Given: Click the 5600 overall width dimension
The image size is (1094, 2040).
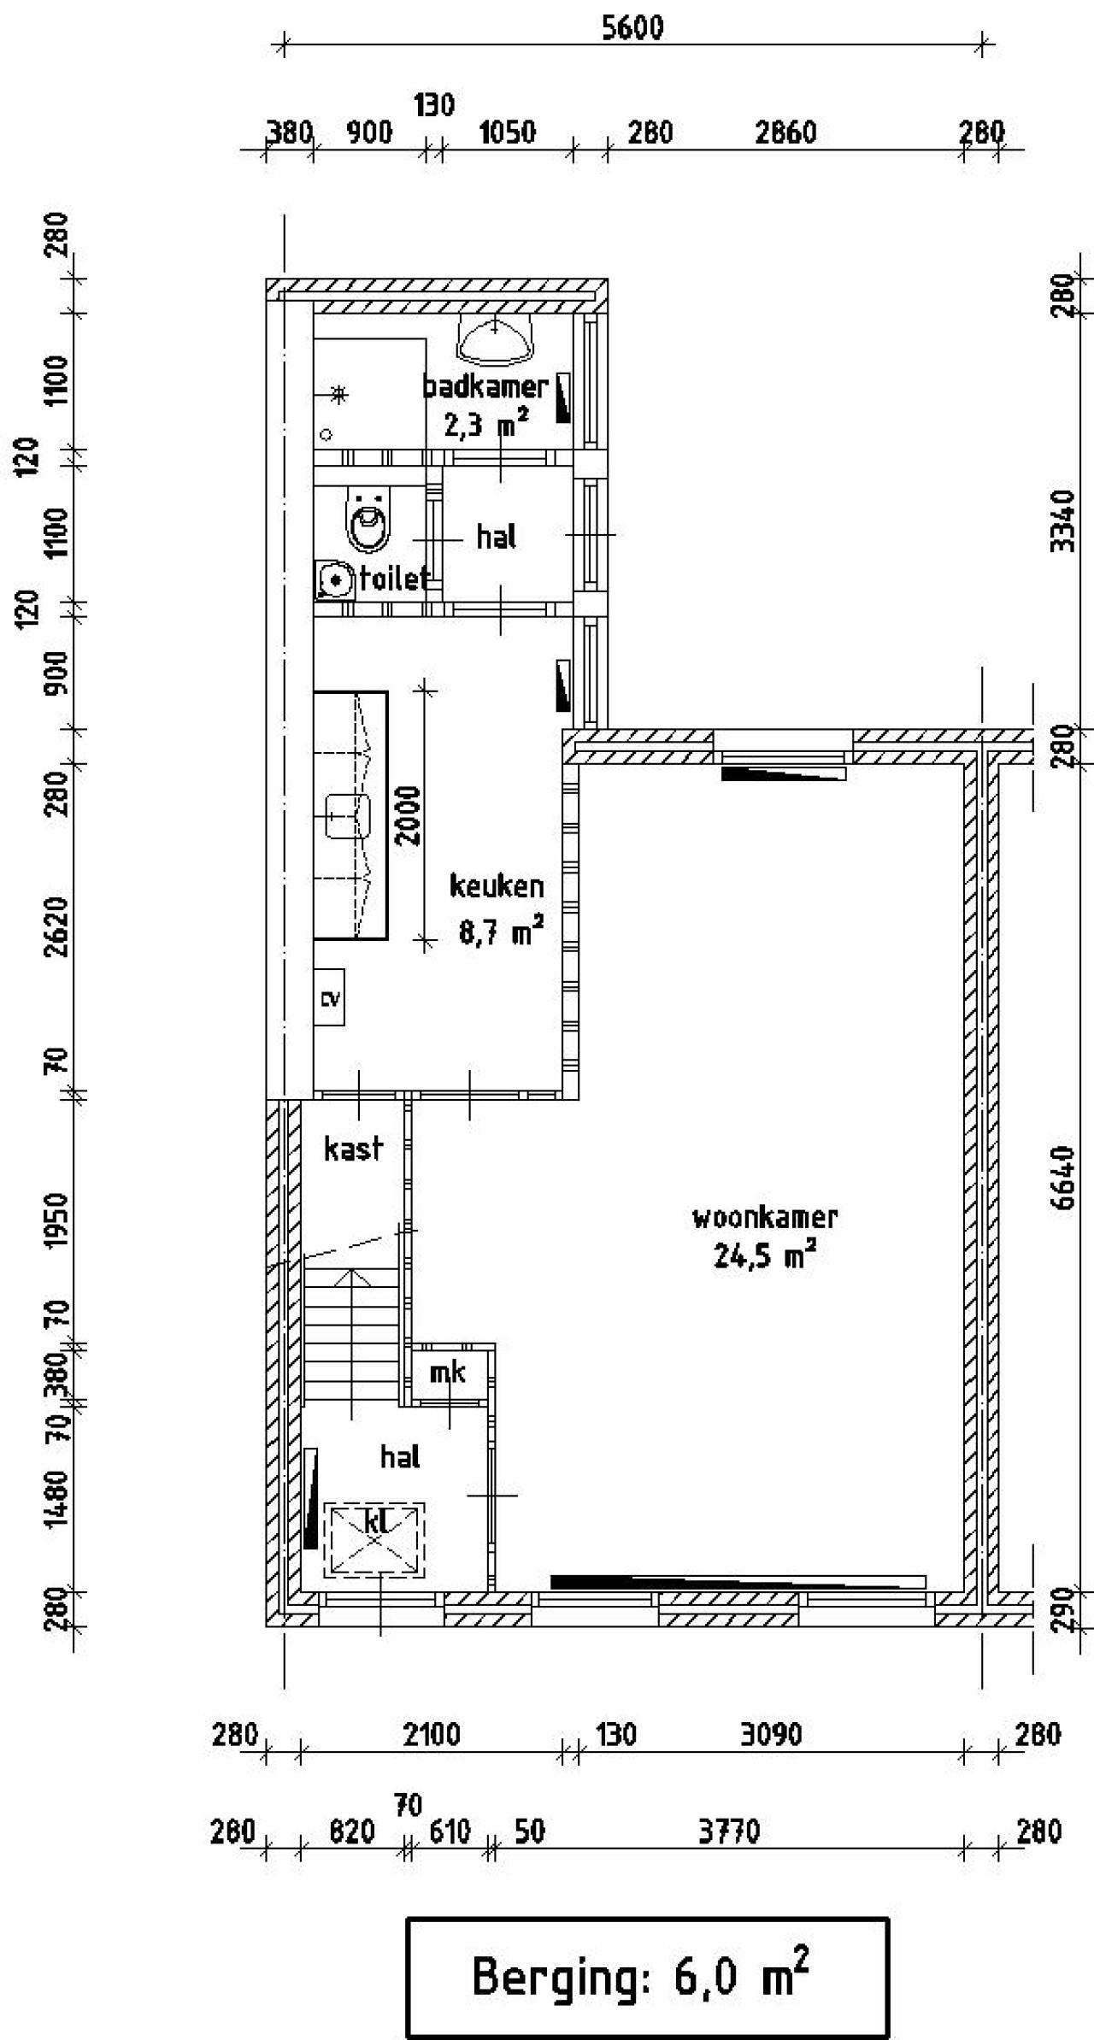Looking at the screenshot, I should (x=632, y=28).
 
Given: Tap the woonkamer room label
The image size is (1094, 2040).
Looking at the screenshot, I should (x=764, y=1217).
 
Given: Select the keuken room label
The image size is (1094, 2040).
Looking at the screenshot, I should (x=497, y=886).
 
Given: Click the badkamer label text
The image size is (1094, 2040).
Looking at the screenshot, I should (x=485, y=387).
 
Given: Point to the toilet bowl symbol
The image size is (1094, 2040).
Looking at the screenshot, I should (x=368, y=520).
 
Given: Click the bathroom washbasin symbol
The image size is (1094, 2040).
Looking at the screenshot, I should (x=496, y=339).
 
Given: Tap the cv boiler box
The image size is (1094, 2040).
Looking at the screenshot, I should (x=329, y=997).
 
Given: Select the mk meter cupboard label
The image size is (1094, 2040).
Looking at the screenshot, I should (x=448, y=1373).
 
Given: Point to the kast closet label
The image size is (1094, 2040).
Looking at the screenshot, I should (x=353, y=1149).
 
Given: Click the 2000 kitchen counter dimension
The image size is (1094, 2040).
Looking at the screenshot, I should (x=409, y=815).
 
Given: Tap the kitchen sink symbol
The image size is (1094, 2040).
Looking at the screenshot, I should (x=349, y=815).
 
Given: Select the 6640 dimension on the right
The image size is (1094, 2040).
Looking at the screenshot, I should (x=1062, y=1178).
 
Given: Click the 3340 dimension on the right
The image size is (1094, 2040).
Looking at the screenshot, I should (x=1062, y=520).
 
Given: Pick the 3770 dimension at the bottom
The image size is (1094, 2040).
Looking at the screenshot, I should (x=728, y=1831).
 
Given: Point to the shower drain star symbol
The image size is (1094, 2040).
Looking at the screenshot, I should (x=339, y=394).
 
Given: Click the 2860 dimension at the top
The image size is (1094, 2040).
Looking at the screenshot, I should (x=785, y=132).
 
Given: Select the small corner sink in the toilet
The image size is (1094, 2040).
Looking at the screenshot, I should (x=335, y=580).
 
